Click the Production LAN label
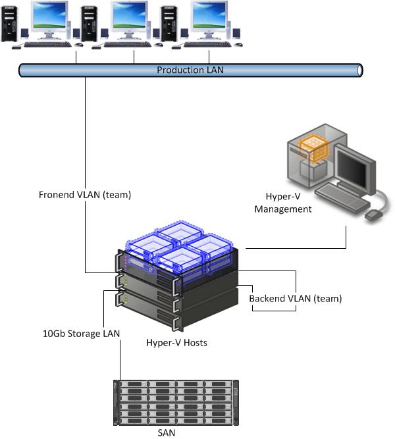pos(190,70)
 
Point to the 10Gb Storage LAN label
pos(81,334)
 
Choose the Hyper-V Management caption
pos(288,203)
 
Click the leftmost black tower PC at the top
pos(10,24)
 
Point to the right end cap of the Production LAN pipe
pos(359,70)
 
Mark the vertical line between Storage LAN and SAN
pos(120,359)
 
